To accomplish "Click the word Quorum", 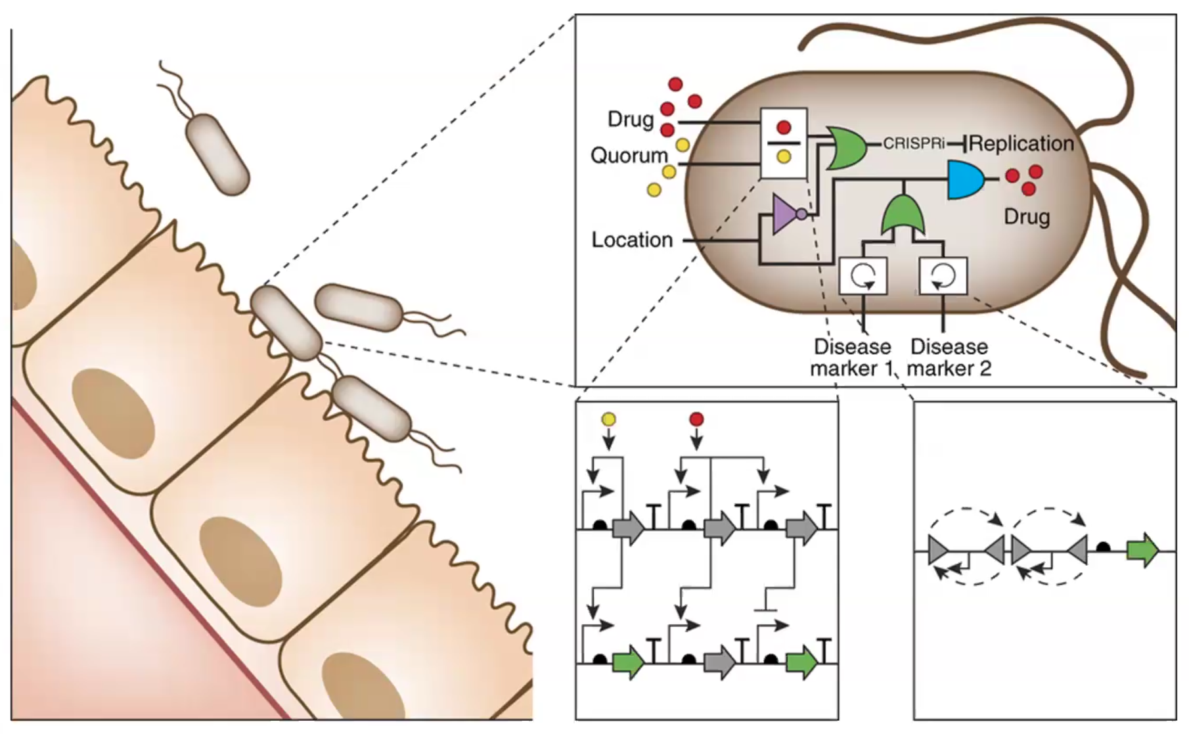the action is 629,156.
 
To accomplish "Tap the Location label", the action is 632,240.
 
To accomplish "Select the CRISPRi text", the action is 913,143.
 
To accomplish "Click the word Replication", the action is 1021,143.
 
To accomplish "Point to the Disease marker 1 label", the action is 853,357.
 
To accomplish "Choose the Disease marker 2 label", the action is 949,357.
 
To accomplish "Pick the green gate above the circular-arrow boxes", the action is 903,216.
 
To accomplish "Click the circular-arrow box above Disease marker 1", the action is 863,276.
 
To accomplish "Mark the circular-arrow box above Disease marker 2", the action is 943,276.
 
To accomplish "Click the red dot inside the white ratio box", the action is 784,127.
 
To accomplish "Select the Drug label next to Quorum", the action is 631,120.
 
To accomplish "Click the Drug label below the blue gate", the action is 1027,217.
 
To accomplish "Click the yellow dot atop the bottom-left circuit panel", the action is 609,419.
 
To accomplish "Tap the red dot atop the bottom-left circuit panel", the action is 696,419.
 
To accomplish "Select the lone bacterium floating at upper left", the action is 217,154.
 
